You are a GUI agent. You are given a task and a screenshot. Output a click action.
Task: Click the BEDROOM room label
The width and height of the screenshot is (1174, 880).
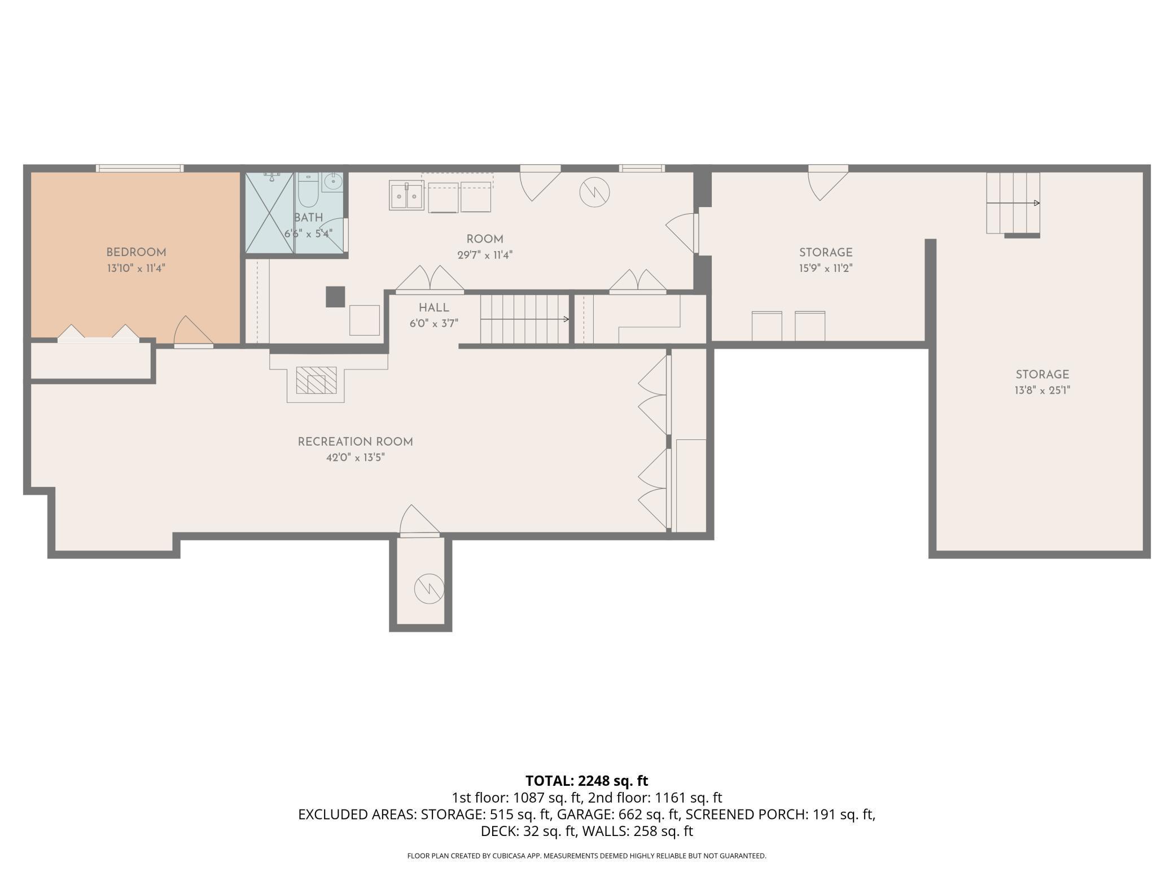[136, 252]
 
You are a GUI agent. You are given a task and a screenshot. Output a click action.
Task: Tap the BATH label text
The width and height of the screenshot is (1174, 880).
[308, 218]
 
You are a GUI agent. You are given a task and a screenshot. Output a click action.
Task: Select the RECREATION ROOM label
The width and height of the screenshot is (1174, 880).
[356, 442]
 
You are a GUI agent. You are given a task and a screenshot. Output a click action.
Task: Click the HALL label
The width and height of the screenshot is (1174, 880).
[434, 307]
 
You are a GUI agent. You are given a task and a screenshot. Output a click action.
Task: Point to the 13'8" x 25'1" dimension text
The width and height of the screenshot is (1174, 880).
[1042, 390]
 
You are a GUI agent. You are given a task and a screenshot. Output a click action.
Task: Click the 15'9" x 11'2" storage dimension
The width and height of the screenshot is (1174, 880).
[825, 268]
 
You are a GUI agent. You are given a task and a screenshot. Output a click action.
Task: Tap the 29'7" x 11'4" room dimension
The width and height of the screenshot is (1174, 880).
[485, 255]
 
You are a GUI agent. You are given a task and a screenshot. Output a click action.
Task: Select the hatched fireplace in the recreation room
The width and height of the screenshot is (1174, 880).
[316, 380]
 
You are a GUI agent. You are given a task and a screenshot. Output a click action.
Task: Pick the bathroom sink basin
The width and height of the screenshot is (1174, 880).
[333, 182]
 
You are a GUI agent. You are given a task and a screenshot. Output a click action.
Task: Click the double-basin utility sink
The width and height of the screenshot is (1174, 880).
[406, 196]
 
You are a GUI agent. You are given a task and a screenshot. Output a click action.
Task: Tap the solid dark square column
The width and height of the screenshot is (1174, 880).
[335, 297]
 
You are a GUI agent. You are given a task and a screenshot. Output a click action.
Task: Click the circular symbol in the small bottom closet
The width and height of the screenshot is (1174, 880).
[429, 589]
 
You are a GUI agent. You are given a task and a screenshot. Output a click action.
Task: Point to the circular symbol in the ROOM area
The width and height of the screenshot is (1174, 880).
[595, 192]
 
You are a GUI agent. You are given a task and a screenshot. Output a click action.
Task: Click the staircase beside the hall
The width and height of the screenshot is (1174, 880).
[524, 319]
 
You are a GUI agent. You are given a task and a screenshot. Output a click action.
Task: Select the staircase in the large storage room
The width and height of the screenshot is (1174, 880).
[1013, 203]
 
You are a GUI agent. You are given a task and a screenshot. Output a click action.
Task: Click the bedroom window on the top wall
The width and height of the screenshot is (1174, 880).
[139, 168]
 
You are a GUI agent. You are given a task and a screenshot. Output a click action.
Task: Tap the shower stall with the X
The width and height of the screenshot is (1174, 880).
[270, 213]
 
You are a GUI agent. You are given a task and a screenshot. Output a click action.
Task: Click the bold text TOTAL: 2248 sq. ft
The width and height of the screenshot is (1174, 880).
[587, 781]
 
